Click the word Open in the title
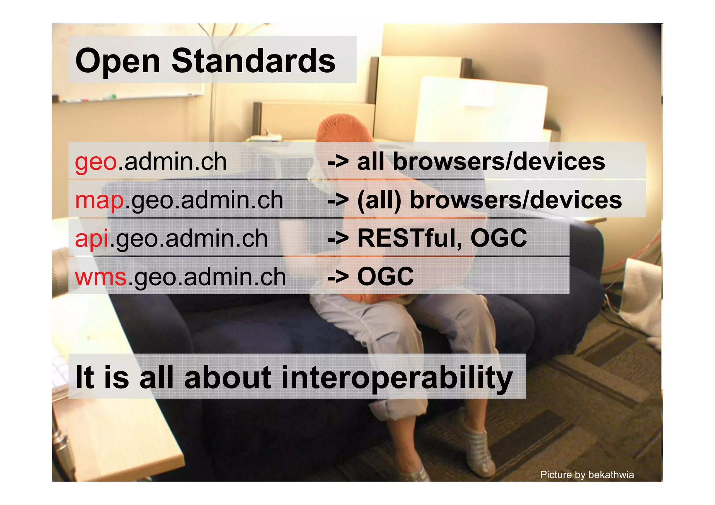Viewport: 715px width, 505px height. coord(117,61)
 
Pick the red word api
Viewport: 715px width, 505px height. coord(92,239)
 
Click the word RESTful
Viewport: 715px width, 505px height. coord(407,238)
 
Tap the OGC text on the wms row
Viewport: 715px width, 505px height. coord(385,277)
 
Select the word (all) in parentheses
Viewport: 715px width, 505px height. coord(379,201)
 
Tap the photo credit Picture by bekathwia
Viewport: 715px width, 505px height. coord(587,475)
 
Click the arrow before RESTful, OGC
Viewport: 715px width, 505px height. coord(338,239)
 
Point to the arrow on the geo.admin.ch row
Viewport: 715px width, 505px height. coord(338,162)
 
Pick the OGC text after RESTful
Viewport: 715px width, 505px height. coord(499,238)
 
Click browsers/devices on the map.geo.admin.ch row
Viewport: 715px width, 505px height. coord(515,201)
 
